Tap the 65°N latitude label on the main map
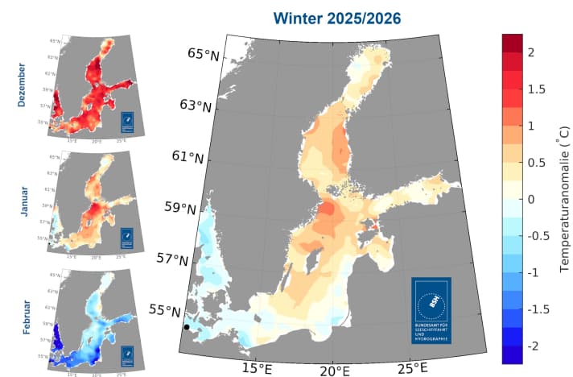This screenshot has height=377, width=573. point(204,55)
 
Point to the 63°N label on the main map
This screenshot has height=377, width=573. point(196,106)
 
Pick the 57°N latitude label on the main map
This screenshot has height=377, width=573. point(174,259)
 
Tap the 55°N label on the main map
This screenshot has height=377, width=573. point(167,310)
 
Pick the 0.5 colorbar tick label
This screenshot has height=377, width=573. point(534,162)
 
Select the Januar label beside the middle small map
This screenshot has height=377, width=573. point(22,197)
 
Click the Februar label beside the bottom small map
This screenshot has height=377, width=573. point(22,309)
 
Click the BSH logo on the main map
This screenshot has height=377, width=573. point(431,310)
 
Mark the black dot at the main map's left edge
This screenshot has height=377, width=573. point(187,327)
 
